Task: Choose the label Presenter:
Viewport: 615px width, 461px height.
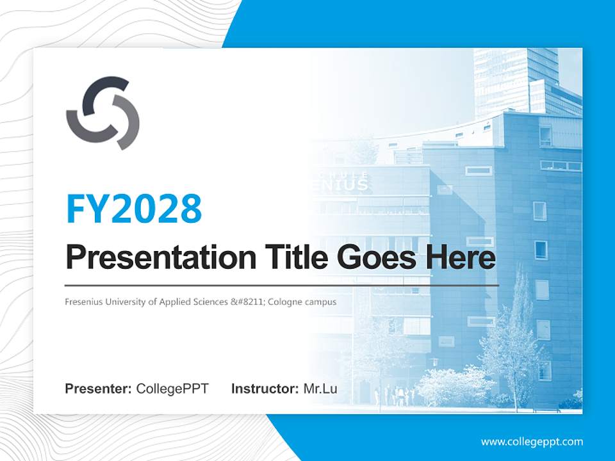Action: [99, 389]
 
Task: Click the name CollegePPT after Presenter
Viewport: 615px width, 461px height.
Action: [172, 389]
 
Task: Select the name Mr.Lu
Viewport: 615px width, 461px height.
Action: [320, 389]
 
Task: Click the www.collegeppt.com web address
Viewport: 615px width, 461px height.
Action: [532, 442]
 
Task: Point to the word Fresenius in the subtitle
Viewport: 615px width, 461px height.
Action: [83, 302]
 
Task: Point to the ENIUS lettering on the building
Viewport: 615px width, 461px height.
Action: [347, 186]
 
